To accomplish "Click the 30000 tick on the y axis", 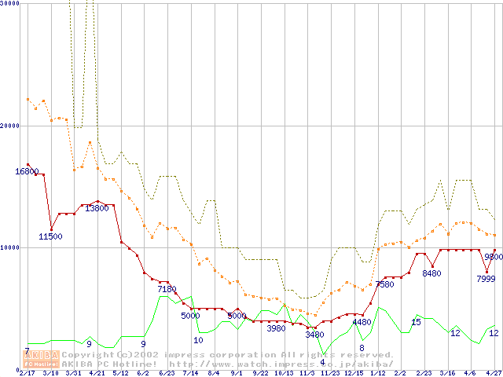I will click(10, 3).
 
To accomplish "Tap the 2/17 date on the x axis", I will click(28, 373).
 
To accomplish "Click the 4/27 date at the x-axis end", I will click(493, 373).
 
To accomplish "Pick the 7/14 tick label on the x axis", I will click(189, 373).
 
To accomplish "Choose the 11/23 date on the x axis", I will click(329, 373).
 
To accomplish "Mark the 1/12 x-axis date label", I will click(376, 373).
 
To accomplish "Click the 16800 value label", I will click(27, 172).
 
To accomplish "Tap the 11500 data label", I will click(50, 236).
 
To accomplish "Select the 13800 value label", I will click(97, 209).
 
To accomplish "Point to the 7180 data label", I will click(167, 289).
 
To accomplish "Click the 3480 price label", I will click(314, 335).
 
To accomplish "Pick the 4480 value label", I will click(361, 322).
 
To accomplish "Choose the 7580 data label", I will click(384, 284).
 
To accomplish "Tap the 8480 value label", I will click(431, 273).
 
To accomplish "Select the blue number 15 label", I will click(416, 322).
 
